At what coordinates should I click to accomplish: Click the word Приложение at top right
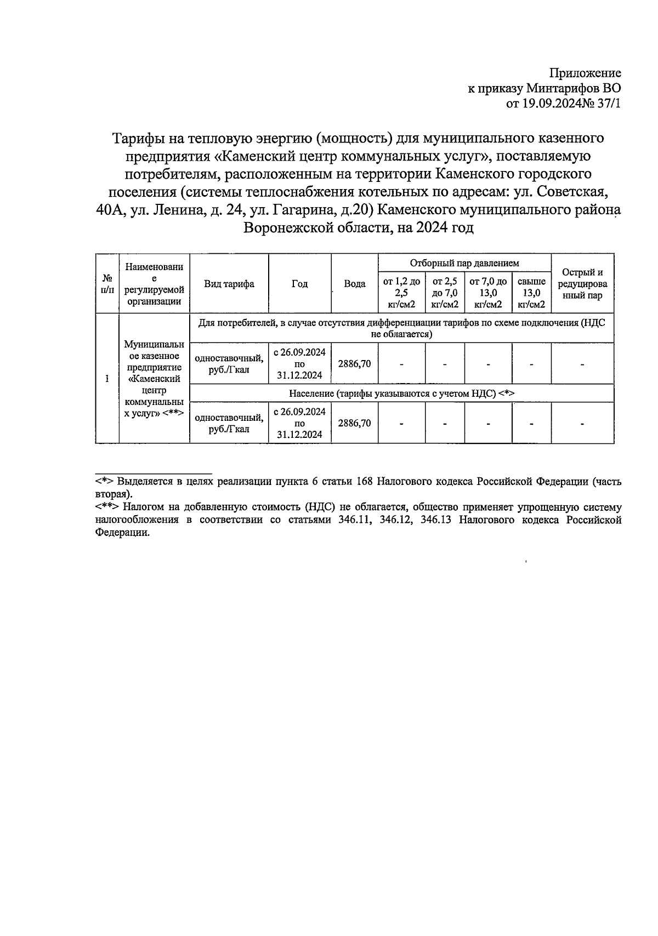[585, 73]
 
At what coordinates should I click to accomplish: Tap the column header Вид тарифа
[229, 284]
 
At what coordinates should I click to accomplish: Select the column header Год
[299, 284]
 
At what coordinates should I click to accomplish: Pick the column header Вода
[354, 284]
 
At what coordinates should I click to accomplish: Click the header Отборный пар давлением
[464, 264]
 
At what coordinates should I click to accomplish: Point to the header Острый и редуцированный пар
[582, 284]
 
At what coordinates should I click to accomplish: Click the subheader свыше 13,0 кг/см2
[531, 293]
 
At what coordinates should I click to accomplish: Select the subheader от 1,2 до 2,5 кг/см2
[401, 293]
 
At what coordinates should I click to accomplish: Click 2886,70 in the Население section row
[354, 423]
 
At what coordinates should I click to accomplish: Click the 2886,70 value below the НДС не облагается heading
[354, 363]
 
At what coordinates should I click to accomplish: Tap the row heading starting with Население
[401, 393]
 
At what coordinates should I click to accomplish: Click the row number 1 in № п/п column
[107, 379]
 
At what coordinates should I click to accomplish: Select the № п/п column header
[107, 284]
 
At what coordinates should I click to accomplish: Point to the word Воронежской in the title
[283, 227]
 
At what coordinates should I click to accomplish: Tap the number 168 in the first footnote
[365, 482]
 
